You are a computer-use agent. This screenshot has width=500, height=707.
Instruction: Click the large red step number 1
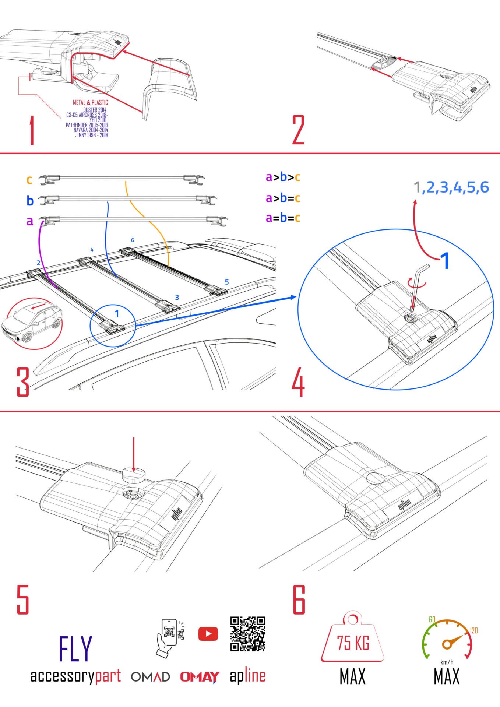[x=32, y=131]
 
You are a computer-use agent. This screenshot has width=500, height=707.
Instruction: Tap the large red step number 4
[x=298, y=382]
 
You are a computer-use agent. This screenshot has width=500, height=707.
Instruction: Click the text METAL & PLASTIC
[x=90, y=102]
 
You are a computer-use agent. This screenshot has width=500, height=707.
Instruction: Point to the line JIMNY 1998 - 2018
[x=92, y=135]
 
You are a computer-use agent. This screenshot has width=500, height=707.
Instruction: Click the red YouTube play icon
[x=208, y=634]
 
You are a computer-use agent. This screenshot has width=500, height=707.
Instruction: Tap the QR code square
[x=247, y=634]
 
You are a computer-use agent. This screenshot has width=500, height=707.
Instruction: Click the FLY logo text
[x=75, y=649]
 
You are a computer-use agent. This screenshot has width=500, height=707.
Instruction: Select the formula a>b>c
[x=283, y=177]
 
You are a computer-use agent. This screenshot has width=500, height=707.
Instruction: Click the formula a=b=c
[x=283, y=218]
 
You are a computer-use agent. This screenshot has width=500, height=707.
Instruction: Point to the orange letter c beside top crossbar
[x=29, y=180]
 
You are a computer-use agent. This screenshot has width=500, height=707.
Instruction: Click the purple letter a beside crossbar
[x=30, y=221]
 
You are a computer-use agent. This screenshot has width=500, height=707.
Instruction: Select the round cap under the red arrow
[x=134, y=475]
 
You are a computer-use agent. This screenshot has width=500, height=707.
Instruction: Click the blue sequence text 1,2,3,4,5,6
[x=451, y=187]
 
